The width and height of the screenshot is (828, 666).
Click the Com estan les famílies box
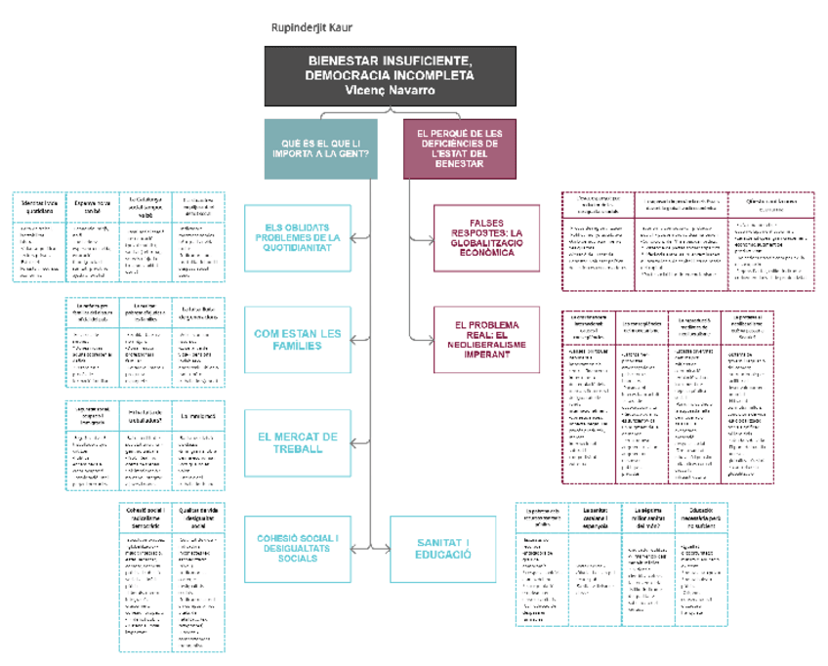[x=297, y=340]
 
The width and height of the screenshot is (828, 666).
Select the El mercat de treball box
[x=297, y=443]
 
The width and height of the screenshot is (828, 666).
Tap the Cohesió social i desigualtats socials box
[x=297, y=547]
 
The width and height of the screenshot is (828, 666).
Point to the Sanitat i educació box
[x=441, y=547]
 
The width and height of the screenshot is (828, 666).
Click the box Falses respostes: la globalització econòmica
[x=486, y=237]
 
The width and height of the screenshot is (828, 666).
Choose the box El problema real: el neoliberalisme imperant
[x=486, y=340]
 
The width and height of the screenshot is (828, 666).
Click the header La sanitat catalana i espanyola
[x=595, y=516]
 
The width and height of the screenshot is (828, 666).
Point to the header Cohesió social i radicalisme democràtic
[x=145, y=518]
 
